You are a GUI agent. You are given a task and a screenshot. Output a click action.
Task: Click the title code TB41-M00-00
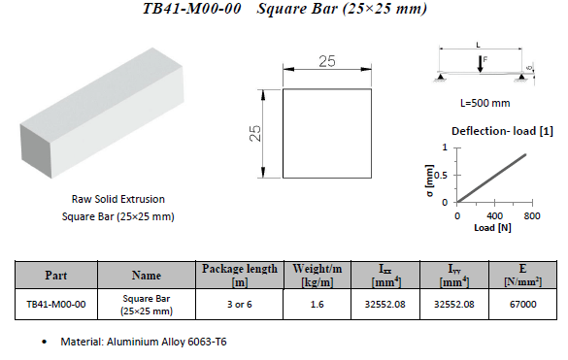192,9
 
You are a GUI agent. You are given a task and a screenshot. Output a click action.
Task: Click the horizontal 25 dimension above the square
327,61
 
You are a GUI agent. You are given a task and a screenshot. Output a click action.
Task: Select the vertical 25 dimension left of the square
255,133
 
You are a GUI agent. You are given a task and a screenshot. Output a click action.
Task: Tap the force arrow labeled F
480,64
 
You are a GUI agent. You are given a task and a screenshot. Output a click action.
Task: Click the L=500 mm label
485,103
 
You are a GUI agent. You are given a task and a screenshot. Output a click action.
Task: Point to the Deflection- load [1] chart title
502,131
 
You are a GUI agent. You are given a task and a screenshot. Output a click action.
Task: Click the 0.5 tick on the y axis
442,176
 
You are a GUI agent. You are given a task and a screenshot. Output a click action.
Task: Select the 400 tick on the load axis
494,215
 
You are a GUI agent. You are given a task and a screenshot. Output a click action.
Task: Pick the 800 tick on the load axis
532,215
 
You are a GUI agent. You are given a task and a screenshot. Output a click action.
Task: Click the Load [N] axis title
492,228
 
